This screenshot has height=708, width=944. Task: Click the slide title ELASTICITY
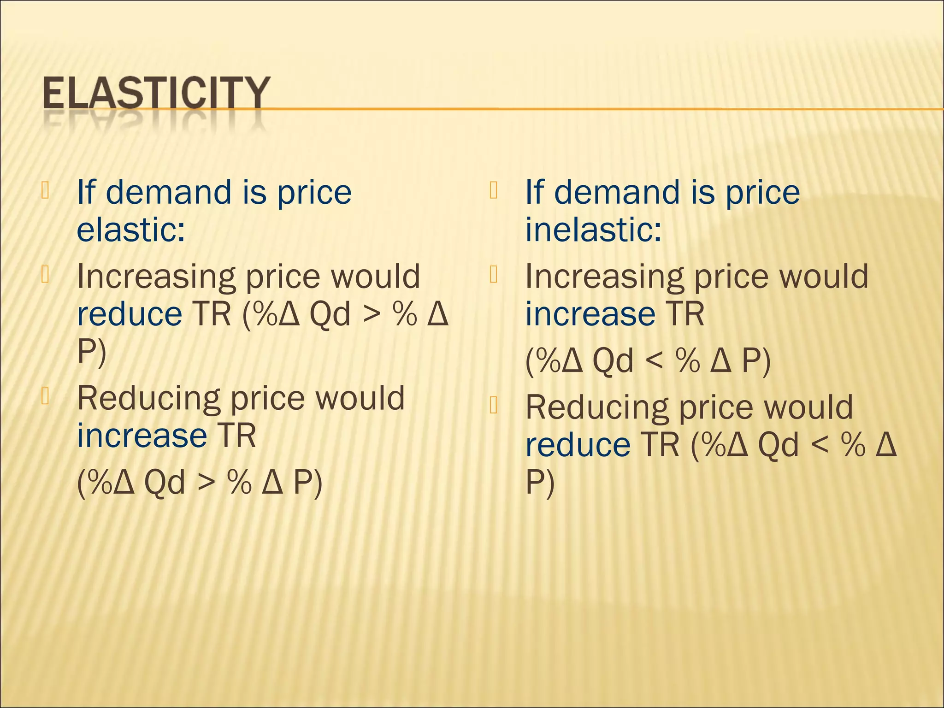155,93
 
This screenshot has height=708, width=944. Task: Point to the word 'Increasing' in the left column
156,277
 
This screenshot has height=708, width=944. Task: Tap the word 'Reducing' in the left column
149,398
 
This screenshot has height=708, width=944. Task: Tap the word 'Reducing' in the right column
597,407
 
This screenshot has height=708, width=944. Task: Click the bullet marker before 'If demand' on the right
494,190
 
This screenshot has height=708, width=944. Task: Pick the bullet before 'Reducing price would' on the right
494,405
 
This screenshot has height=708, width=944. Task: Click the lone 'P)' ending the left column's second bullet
92,353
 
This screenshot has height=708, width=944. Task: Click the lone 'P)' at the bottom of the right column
540,484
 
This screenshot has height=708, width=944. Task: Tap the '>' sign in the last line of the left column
206,483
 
